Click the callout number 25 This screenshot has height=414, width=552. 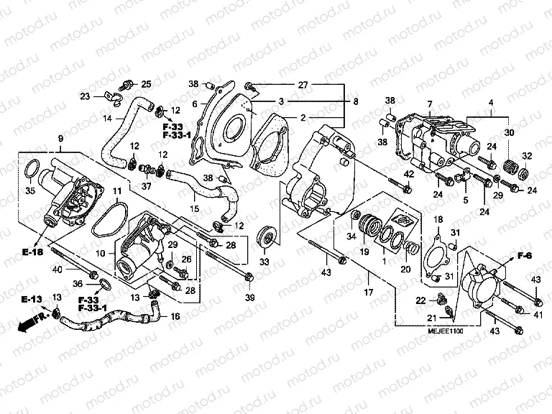(x=145, y=83)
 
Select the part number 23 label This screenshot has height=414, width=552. (x=85, y=96)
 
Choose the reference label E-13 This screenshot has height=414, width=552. (x=32, y=299)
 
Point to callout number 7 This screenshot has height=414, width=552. (x=429, y=105)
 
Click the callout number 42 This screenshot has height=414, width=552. (x=407, y=174)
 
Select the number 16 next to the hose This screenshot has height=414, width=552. (x=174, y=315)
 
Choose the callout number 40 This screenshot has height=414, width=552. (x=58, y=270)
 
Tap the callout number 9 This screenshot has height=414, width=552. (x=60, y=137)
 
